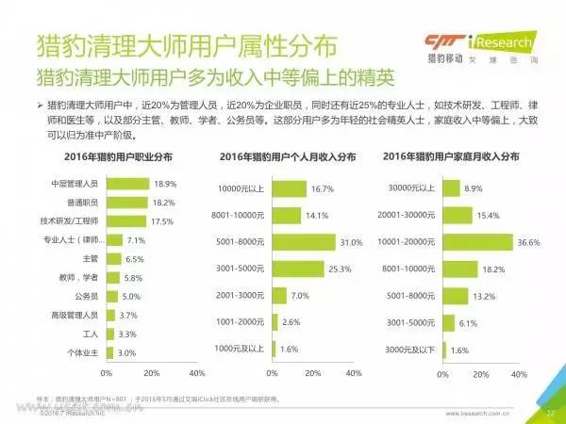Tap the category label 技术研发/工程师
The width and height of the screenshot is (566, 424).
pyautogui.click(x=75, y=221)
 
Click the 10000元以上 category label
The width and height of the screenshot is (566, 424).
pyautogui.click(x=242, y=189)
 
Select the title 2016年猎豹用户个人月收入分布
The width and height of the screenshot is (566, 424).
pyautogui.click(x=288, y=156)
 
